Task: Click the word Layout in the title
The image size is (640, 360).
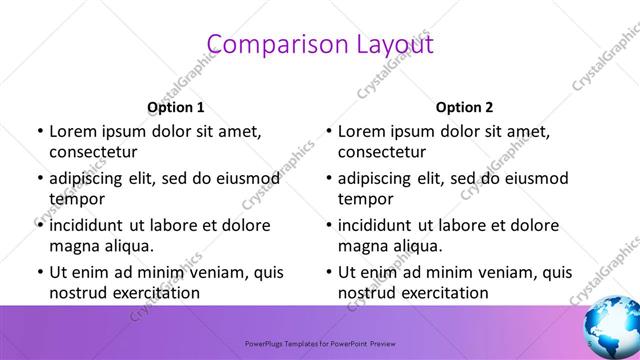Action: [x=389, y=45]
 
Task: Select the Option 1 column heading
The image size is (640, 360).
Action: [x=176, y=107]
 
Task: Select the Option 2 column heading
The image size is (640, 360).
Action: [x=465, y=107]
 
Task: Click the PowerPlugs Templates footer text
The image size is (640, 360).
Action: [x=319, y=340]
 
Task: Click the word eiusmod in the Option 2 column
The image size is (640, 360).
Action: [x=534, y=178]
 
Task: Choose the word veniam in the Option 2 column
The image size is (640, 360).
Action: [x=483, y=272]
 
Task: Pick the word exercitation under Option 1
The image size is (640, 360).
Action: [x=154, y=292]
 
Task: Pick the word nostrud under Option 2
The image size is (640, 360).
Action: [x=367, y=292]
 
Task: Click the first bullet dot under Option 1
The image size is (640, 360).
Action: [x=39, y=131]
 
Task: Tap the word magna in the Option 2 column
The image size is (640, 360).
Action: [x=362, y=245]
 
